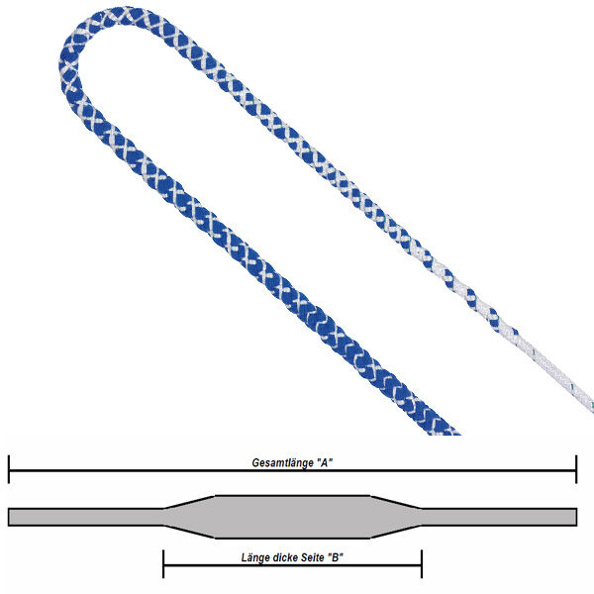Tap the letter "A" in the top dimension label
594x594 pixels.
[x=325, y=462]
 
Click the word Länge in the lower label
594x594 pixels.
[x=253, y=557]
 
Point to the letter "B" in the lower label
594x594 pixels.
[x=336, y=557]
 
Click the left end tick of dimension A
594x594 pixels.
[x=9, y=469]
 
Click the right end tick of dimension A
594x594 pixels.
[x=576, y=469]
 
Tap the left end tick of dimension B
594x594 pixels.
[x=163, y=564]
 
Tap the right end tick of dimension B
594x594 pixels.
[x=422, y=564]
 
